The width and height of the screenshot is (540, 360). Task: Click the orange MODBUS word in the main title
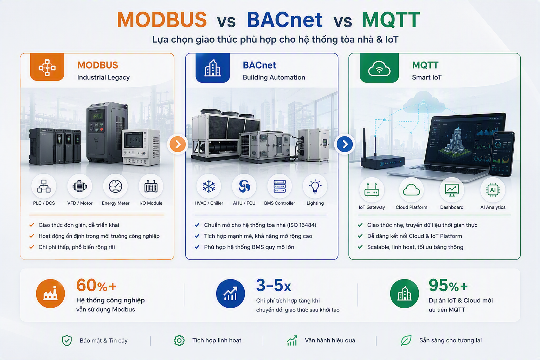click(162, 20)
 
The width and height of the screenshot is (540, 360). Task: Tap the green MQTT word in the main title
click(391, 20)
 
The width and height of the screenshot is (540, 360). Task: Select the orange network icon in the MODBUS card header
click(47, 67)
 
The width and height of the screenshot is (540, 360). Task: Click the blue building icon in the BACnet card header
click(212, 68)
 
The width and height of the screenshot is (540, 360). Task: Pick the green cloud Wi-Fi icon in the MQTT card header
click(379, 68)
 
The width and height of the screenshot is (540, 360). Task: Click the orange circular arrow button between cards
click(178, 144)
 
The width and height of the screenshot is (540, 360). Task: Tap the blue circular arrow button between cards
click(345, 144)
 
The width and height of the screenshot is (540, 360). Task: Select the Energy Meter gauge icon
click(115, 186)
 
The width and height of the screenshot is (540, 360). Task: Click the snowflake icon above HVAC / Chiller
click(209, 186)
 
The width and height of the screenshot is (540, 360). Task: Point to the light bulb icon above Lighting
click(315, 186)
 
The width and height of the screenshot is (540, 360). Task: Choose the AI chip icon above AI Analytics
click(493, 190)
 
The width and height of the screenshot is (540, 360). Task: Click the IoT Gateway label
click(372, 207)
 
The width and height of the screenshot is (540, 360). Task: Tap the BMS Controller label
click(279, 203)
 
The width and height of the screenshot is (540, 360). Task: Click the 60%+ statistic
click(96, 285)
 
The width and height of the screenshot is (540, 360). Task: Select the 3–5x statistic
click(274, 285)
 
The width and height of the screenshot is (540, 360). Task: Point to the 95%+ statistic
click(448, 285)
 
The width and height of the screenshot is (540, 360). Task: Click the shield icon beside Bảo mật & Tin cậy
click(67, 340)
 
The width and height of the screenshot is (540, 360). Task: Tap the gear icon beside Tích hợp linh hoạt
click(179, 340)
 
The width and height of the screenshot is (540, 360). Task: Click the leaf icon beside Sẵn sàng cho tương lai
click(406, 340)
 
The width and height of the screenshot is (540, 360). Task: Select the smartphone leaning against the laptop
click(502, 154)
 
